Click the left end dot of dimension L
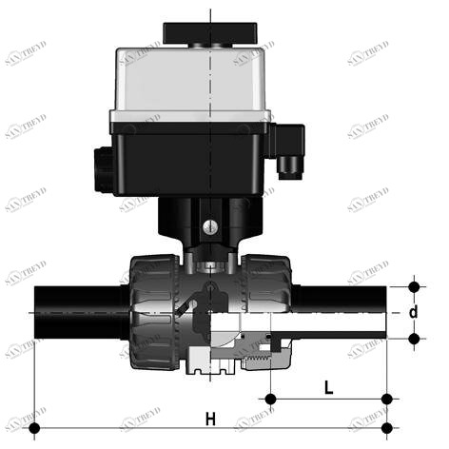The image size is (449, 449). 272,398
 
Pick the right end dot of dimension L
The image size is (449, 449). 387,398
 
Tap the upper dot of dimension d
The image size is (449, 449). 413,285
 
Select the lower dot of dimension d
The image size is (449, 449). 413,338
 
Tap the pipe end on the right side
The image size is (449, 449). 342,310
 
